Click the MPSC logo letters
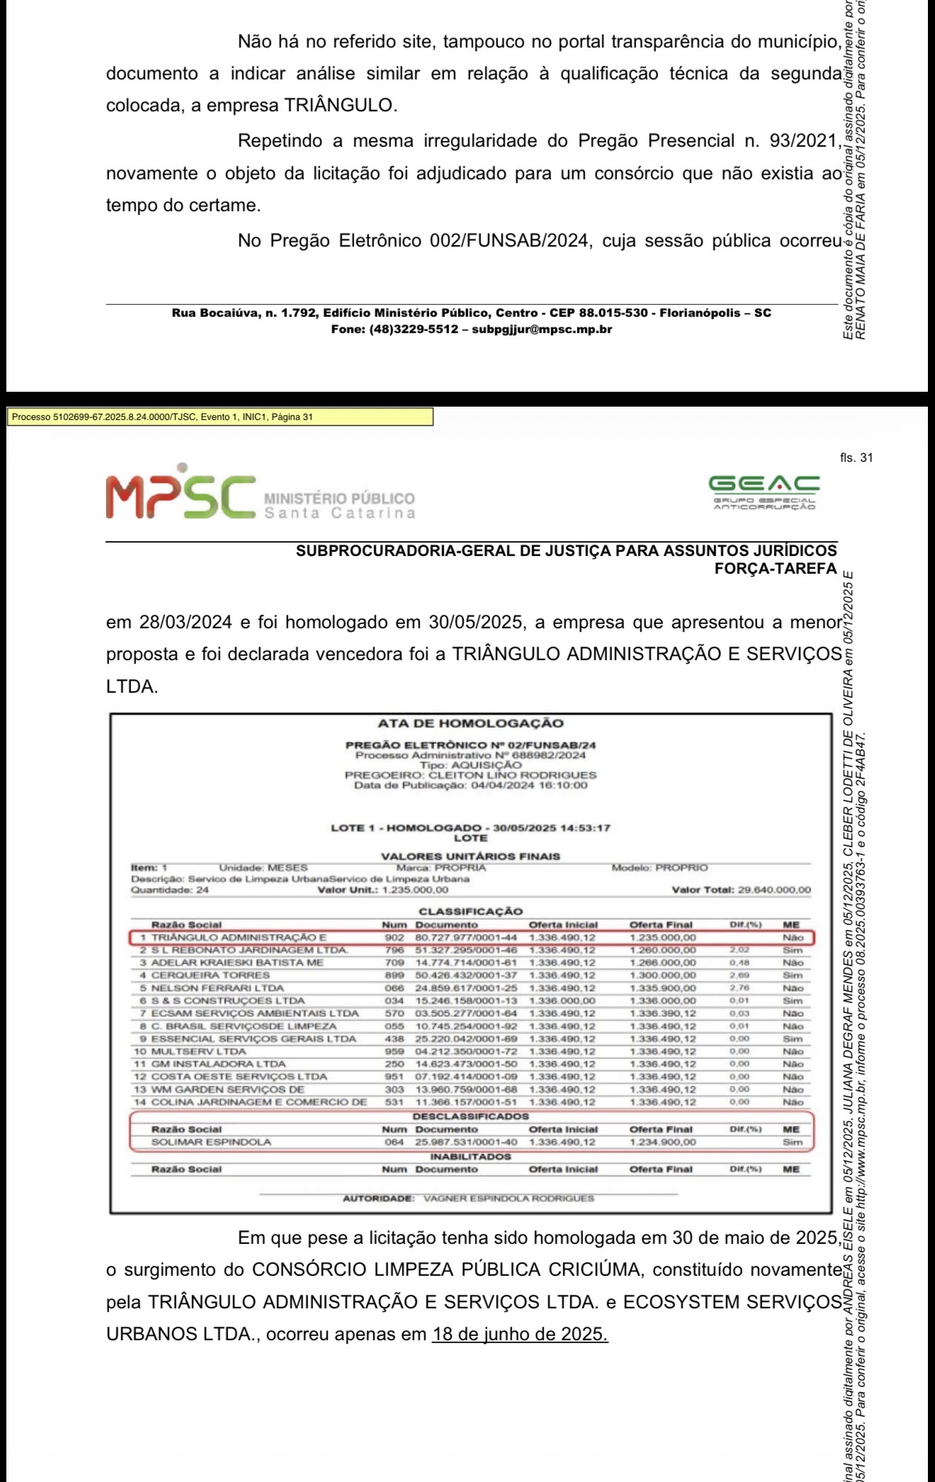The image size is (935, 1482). point(180,494)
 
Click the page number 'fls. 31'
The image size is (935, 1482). point(856,458)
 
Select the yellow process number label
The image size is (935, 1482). point(220,417)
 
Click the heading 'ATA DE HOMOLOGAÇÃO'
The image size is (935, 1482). point(470,723)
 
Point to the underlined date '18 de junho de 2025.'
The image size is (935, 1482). point(520,1334)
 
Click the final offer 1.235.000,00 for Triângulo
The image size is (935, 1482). point(662,938)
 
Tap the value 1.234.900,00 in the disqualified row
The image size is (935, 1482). point(662,1142)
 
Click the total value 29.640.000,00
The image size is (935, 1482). point(774,890)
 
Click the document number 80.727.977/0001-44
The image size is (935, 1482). point(466,938)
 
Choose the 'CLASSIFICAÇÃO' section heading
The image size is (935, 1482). point(470,912)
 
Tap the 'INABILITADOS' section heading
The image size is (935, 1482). point(470,1156)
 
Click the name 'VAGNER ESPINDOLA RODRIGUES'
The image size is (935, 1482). point(509,1199)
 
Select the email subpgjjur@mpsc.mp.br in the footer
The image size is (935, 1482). point(542,329)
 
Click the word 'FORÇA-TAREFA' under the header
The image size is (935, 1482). point(776,568)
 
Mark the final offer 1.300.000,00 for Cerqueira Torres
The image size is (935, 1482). point(662,975)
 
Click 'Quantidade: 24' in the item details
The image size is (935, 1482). point(171,890)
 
